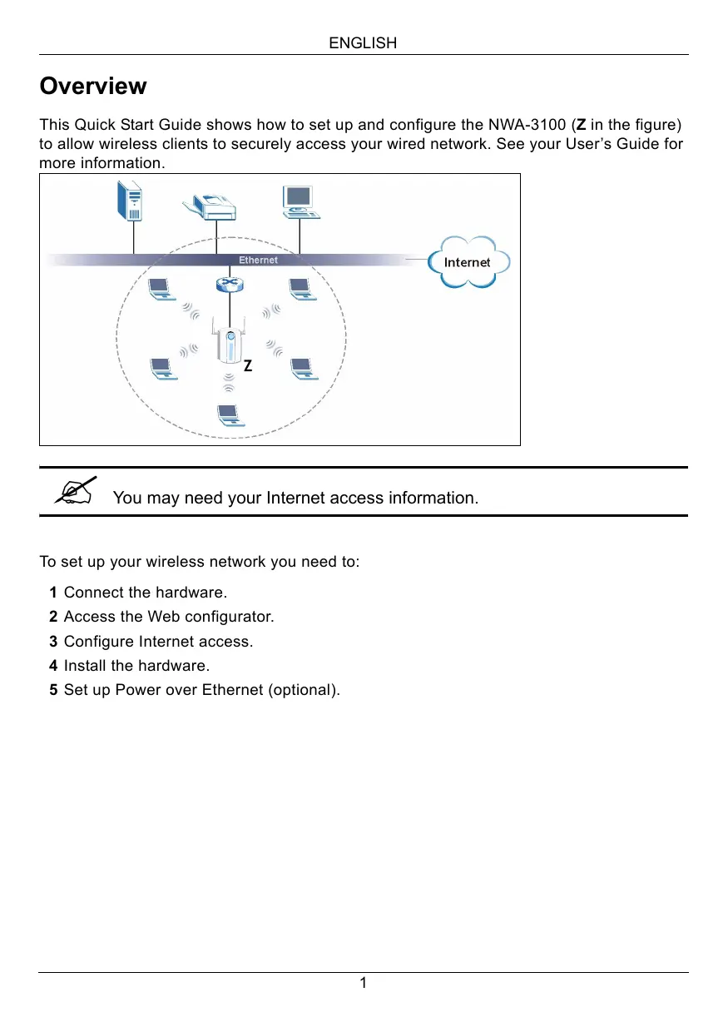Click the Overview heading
93,87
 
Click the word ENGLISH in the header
363,43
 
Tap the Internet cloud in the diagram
468,262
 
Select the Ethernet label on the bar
258,260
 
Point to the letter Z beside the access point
247,365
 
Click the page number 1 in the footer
363,984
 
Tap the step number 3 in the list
53,642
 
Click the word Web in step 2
162,617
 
